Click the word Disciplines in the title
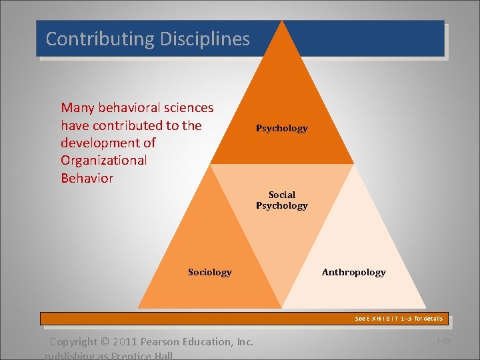205,39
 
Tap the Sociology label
210,272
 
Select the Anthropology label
353,272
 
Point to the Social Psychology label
282,200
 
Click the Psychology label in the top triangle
282,128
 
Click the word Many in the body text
77,107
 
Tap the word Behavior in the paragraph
87,178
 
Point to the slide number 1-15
443,341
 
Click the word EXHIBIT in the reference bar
386,319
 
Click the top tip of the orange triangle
283,21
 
